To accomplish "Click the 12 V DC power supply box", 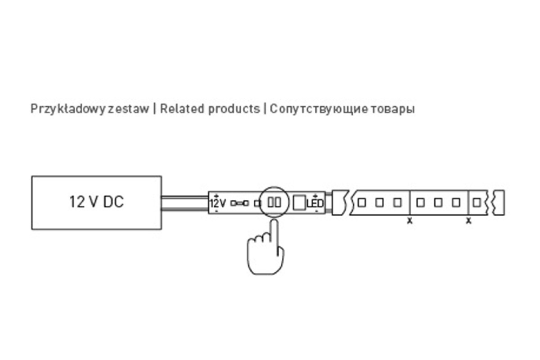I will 96,202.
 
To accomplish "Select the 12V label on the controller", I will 218,203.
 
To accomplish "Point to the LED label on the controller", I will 315,203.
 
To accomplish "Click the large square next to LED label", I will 298,202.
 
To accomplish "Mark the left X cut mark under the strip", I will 409,221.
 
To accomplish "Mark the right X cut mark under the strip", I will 468,221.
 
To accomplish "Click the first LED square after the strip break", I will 362,202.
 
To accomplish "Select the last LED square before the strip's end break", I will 477,202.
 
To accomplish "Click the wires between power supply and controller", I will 184,202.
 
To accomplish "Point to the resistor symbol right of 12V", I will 240,203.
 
